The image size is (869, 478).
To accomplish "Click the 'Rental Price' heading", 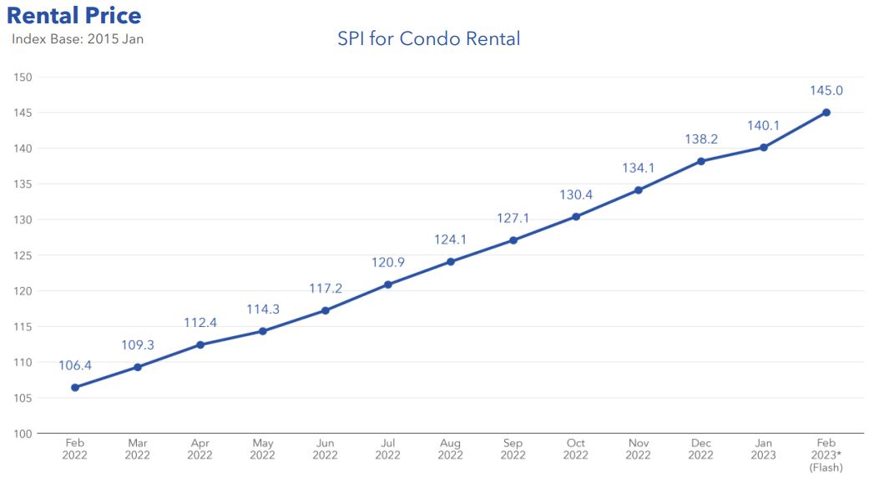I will pos(74,15).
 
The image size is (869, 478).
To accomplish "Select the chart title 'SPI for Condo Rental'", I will pos(428,38).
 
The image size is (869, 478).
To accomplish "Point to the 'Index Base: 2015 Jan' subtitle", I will pos(78,39).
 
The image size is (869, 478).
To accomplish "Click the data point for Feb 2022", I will pos(75,387).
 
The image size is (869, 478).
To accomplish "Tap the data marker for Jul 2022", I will pos(387,284).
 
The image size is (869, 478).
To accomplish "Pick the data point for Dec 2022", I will pos(700,161).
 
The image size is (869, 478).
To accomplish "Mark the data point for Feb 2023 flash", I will pos(826,113).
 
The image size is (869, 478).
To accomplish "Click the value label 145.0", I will pos(826,90).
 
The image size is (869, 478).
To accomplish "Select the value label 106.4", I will pos(75,365).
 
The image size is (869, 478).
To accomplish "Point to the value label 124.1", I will pos(450,239).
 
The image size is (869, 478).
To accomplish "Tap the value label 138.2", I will pos(700,138).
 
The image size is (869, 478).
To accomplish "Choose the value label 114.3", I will pos(262,309).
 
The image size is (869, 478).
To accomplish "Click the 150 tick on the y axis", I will pos(23,78).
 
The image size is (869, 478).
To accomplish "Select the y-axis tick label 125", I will pos(23,255).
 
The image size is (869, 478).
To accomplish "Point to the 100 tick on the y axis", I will pos(23,434).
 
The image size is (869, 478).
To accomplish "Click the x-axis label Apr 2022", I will pos(200,449).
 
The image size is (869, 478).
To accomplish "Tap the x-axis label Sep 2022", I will pos(513,449).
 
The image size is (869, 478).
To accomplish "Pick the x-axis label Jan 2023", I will pos(763,449).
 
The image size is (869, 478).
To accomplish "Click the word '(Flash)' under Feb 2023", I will pos(826,468).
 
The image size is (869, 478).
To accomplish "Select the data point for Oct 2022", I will pos(575,217).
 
